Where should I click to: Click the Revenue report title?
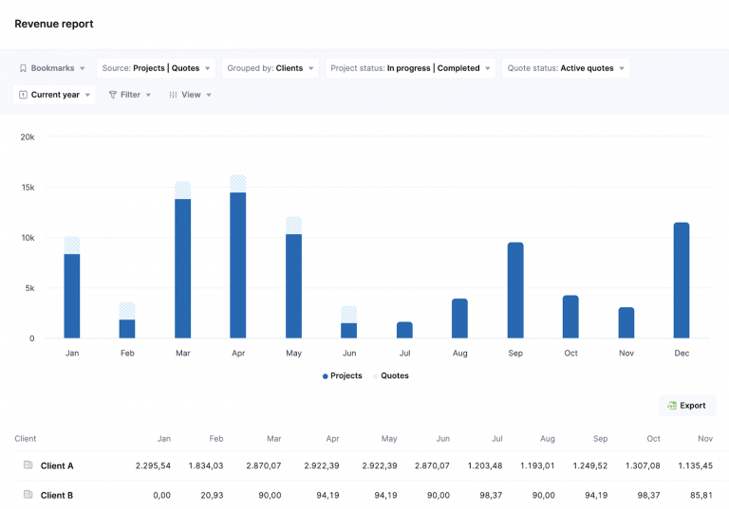point(54,24)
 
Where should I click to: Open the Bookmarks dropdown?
point(52,68)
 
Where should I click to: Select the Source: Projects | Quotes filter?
point(157,68)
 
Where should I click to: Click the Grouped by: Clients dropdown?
point(270,68)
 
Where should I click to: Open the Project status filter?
point(410,68)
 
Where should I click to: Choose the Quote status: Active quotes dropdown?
point(566,68)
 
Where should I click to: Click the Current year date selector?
point(55,95)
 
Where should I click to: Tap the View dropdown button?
point(190,95)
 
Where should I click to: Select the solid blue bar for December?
point(682,281)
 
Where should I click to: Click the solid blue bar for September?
point(515,290)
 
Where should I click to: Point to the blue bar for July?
point(404,330)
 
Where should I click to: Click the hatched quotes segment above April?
point(238,183)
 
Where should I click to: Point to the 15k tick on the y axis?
point(28,188)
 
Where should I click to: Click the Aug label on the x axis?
point(459,354)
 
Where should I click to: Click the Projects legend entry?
point(343,376)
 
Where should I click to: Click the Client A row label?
point(57,466)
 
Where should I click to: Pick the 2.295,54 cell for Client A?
point(153,466)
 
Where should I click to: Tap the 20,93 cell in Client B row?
point(212,496)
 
